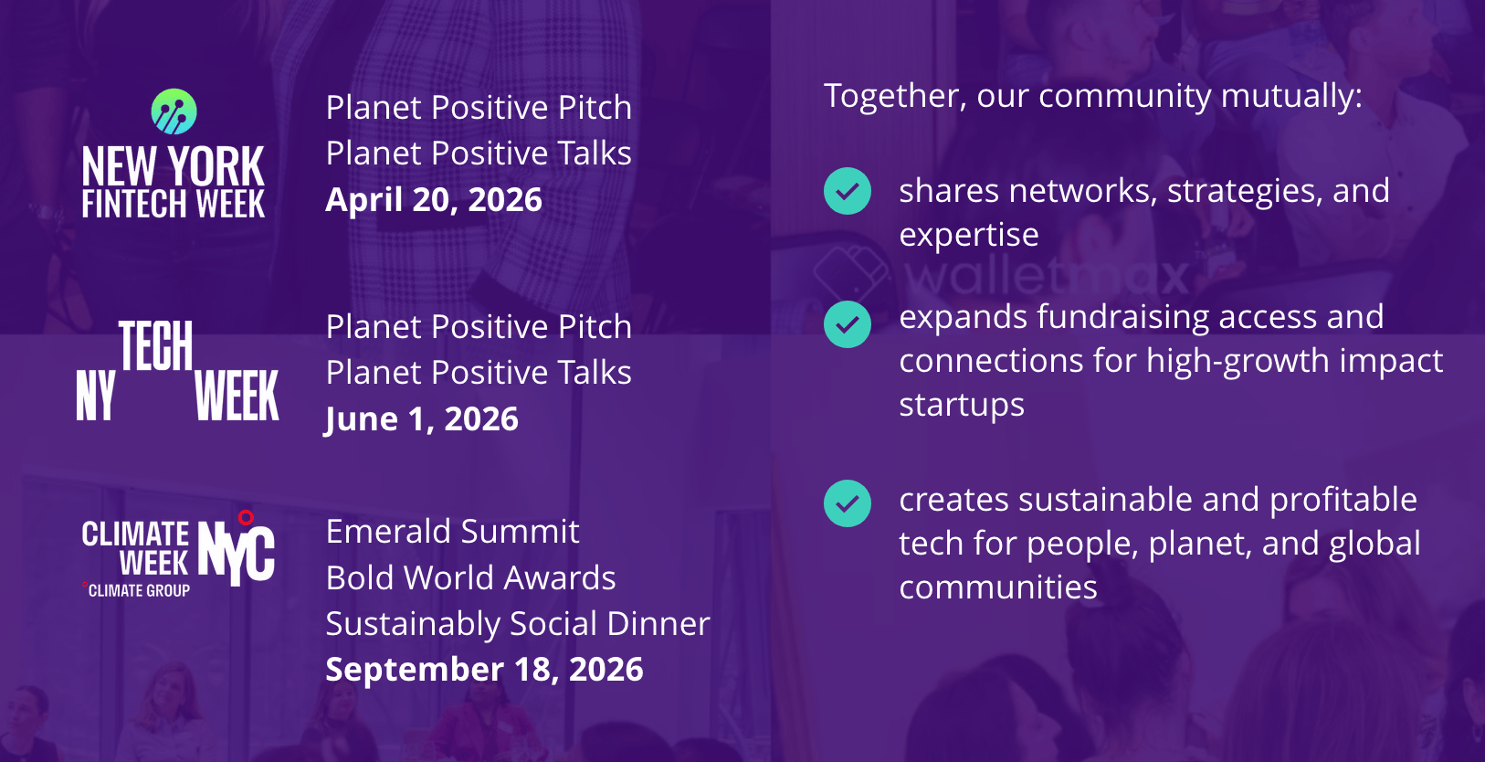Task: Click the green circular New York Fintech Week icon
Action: [174, 111]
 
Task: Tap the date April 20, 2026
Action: [434, 199]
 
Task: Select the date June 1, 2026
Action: [422, 419]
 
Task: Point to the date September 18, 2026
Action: [484, 669]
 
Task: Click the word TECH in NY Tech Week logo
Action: [156, 345]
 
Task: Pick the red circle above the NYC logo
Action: [246, 517]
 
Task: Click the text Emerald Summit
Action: [453, 531]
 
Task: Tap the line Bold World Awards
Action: [470, 577]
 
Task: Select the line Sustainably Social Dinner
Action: [518, 623]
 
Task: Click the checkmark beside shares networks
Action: [848, 191]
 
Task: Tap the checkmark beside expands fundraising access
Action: [848, 324]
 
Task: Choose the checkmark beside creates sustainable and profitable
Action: [848, 503]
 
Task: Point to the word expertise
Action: [969, 236]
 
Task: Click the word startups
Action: [962, 405]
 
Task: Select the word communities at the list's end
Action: [997, 587]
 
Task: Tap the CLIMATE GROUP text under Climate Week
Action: [139, 590]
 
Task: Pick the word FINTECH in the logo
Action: [134, 203]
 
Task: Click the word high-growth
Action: [1238, 362]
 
